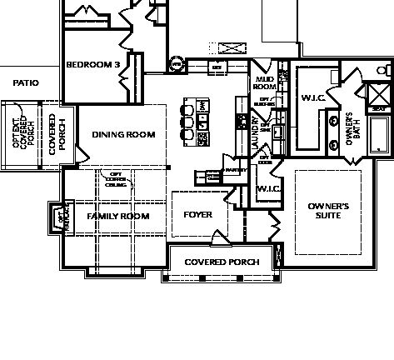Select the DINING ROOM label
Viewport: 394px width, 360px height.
[x=123, y=134]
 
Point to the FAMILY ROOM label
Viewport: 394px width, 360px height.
[x=118, y=216]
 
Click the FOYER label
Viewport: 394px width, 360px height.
[x=197, y=214]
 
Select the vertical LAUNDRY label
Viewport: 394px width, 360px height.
[x=254, y=131]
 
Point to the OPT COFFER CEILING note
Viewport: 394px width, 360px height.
[x=115, y=178]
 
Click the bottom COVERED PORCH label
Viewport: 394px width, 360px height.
[x=222, y=262]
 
